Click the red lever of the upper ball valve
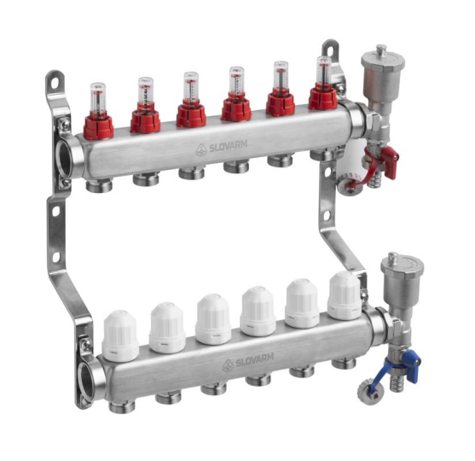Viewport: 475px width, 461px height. [390, 160]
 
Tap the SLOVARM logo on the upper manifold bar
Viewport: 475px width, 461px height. [222, 148]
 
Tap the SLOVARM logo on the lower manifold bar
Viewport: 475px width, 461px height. [248, 361]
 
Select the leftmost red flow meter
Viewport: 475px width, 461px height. [98, 112]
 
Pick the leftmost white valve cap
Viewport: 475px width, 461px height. [120, 336]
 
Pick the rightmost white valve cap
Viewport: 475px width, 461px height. [345, 295]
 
